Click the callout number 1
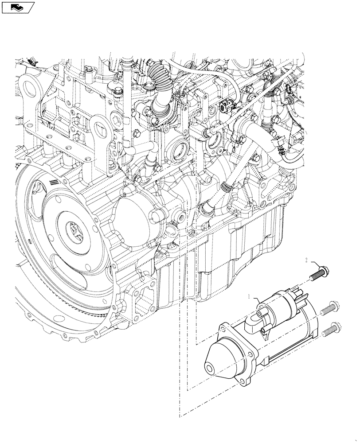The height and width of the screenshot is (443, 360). point(250,296)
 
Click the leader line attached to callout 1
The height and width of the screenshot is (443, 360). point(258,302)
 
